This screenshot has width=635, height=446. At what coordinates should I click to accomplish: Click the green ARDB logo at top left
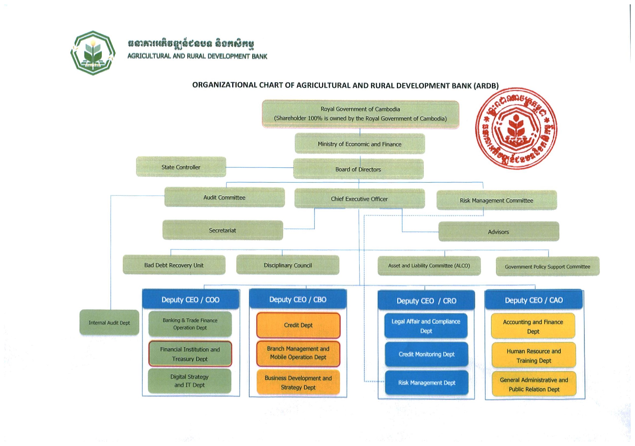[93, 53]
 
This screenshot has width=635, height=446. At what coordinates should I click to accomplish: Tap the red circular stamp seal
[516, 129]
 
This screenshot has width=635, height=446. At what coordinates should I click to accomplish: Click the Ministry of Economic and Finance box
[359, 144]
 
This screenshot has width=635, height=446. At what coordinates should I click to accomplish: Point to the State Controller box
[181, 167]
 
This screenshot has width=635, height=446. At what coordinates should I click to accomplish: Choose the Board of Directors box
[358, 169]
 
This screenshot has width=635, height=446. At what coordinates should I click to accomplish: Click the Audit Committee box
[224, 197]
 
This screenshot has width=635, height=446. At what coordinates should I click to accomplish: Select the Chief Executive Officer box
[359, 199]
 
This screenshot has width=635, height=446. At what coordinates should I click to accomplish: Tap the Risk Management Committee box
[497, 200]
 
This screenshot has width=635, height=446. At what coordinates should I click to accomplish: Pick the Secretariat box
[222, 230]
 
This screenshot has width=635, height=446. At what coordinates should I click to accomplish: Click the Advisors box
[498, 232]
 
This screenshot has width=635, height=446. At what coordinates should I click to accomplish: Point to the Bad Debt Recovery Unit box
[174, 265]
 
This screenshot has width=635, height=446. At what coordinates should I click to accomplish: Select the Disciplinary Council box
[288, 265]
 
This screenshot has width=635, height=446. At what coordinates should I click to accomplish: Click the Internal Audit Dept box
[109, 323]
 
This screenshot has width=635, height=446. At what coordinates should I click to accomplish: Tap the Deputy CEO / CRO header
[426, 300]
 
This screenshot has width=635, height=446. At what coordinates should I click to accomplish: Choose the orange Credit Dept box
[298, 325]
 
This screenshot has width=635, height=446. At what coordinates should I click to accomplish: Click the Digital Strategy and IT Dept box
[190, 381]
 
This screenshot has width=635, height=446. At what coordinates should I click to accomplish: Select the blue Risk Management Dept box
[426, 383]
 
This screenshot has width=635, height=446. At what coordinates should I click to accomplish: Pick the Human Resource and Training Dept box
[534, 356]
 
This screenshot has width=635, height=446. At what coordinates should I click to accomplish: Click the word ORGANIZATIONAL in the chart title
[224, 85]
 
